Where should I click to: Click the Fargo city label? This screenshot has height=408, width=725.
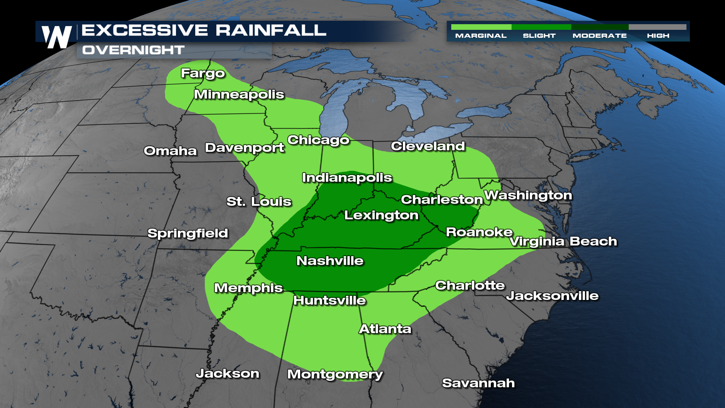[203, 73]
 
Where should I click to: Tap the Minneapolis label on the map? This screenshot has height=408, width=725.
[239, 94]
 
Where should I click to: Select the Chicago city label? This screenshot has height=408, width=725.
[318, 140]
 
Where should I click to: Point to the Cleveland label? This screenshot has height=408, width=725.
[428, 146]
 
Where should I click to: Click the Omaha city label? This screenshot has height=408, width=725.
[170, 151]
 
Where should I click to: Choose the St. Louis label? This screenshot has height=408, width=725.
[259, 202]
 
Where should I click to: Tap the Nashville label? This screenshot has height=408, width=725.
[330, 261]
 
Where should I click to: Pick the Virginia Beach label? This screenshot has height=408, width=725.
[563, 241]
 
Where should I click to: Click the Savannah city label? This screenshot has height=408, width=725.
[478, 383]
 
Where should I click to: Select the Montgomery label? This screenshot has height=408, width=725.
[335, 374]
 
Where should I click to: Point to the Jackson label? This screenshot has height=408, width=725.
[227, 374]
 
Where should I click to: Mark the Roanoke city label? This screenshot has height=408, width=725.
[479, 232]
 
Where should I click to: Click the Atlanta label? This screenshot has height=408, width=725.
[385, 329]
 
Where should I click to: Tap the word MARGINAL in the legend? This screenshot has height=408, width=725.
[481, 36]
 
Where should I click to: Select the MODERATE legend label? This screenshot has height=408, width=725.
[600, 36]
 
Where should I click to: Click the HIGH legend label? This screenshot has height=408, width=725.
[658, 36]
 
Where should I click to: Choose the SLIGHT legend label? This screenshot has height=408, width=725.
[539, 36]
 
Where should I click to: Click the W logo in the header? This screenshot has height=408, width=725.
[57, 37]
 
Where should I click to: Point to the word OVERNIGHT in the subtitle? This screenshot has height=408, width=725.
[133, 50]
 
